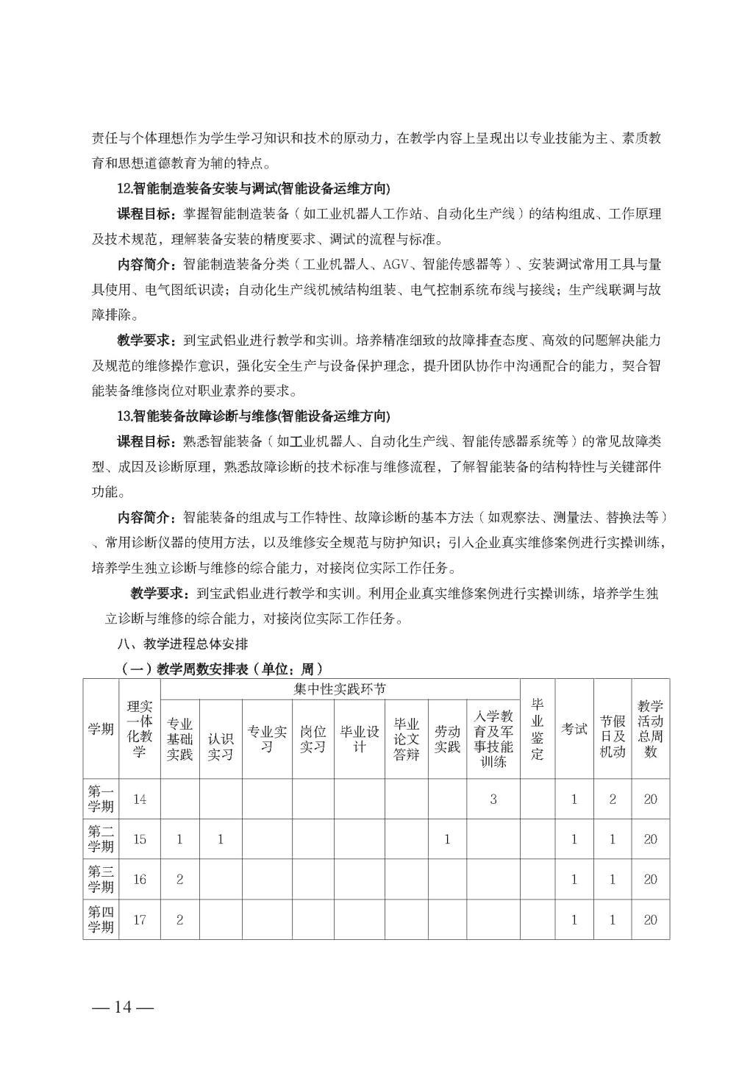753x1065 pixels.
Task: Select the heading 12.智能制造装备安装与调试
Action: tap(253, 188)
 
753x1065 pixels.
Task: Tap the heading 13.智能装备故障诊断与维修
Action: tap(253, 416)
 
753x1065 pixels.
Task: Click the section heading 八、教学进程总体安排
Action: tap(182, 644)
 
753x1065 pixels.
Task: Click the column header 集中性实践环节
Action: tap(340, 689)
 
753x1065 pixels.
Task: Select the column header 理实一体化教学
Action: tap(139, 729)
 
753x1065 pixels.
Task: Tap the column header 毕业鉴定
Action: tap(538, 729)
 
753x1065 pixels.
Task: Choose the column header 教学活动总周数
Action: tap(650, 729)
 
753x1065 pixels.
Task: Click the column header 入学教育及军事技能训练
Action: tap(493, 738)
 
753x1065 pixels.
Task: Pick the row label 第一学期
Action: tap(101, 799)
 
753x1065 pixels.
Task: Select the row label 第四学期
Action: tap(101, 919)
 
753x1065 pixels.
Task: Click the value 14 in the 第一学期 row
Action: tap(139, 799)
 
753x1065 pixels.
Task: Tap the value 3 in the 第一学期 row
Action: tap(493, 799)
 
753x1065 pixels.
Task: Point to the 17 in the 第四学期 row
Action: tap(139, 919)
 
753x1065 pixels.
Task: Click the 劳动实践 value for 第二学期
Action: tap(446, 839)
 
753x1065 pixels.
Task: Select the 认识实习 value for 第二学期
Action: tap(220, 839)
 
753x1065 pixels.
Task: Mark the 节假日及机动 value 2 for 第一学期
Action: tap(613, 799)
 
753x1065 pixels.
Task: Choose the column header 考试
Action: tap(574, 729)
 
